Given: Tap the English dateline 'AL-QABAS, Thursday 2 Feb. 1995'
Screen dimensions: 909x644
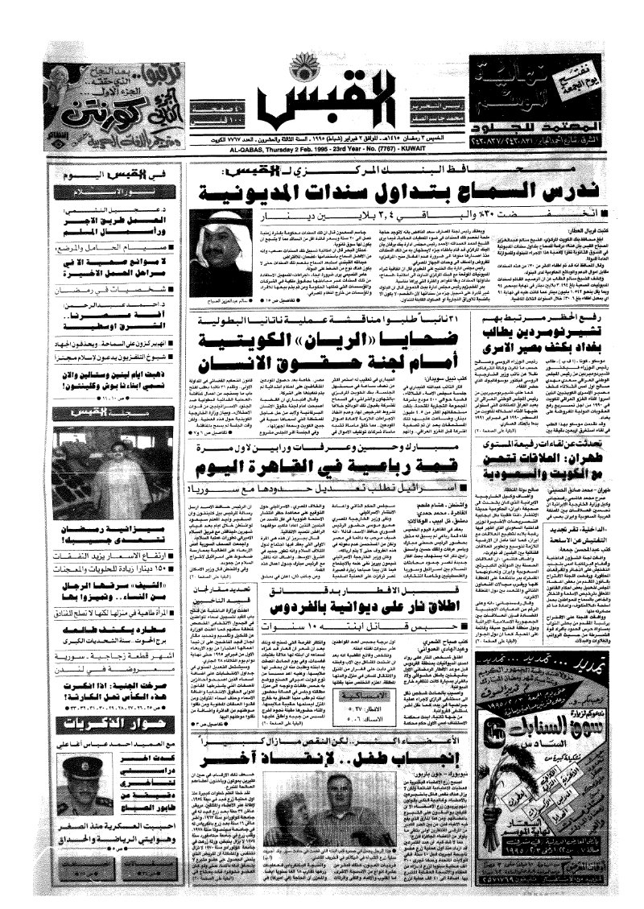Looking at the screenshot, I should tap(322, 149).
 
